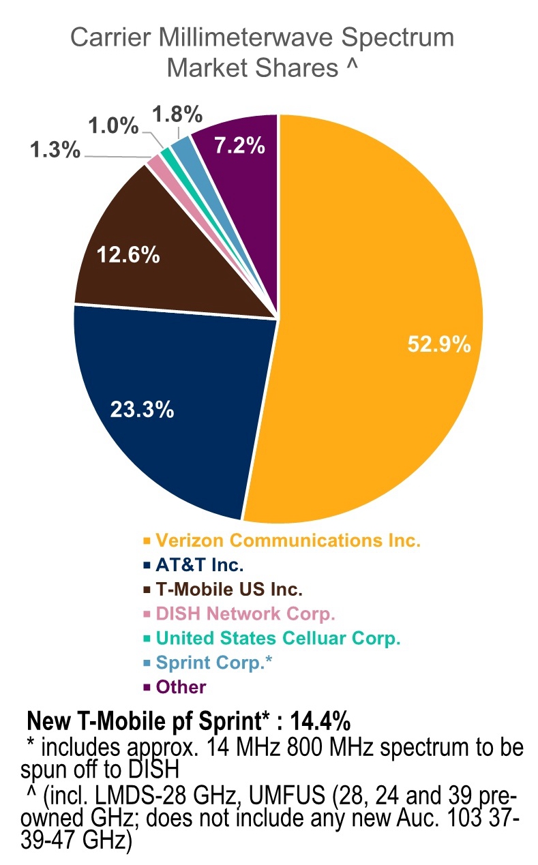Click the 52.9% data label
click(439, 345)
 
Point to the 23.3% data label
click(143, 411)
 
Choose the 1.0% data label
click(113, 126)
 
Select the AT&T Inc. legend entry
click(200, 565)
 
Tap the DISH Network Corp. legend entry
click(245, 614)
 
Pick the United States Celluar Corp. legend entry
click(278, 639)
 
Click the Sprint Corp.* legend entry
click(214, 663)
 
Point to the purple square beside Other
click(147, 687)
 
